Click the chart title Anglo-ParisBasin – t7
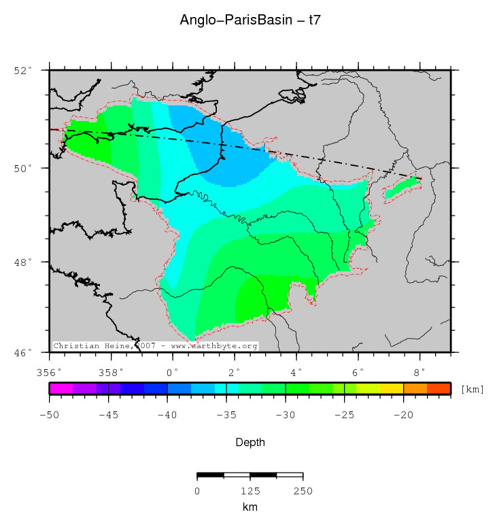tap(250, 20)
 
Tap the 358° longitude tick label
tap(111, 372)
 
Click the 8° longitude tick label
tap(419, 372)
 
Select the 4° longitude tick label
tap(296, 372)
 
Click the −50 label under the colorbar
tap(49, 414)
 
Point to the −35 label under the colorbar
tap(226, 414)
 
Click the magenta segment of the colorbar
tap(61, 388)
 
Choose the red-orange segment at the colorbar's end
tap(439, 388)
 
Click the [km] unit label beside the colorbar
tap(472, 390)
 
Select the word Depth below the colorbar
tap(250, 443)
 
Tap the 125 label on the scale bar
tap(250, 491)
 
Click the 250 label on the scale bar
tap(303, 491)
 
